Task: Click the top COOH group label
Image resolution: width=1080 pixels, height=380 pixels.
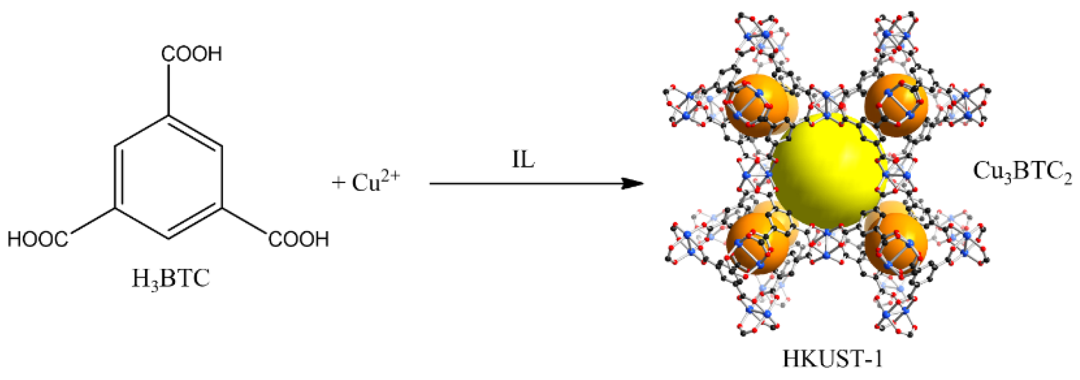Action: coord(192,54)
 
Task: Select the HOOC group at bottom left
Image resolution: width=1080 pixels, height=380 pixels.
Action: coord(38,239)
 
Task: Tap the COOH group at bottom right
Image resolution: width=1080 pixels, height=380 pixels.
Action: coord(299,239)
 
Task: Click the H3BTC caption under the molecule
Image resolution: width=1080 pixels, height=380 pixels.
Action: coord(171,279)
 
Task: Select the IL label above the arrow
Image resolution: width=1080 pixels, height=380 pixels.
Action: coord(523,160)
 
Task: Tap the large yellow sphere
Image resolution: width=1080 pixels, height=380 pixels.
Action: coord(828,173)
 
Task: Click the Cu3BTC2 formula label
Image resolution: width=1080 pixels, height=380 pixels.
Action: coord(1022,171)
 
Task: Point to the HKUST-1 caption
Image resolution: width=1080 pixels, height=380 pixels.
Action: coord(832,359)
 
